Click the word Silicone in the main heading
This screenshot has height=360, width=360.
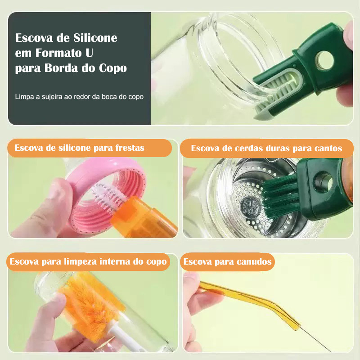pyautogui.click(x=95, y=38)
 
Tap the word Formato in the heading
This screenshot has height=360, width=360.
pyautogui.click(x=58, y=53)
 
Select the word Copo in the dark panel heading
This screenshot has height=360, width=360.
pyautogui.click(x=113, y=68)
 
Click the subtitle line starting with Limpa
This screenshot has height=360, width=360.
pyautogui.click(x=79, y=97)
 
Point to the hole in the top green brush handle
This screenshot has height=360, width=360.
pyautogui.click(x=324, y=61)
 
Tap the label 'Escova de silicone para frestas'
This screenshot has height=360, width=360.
pyautogui.click(x=80, y=148)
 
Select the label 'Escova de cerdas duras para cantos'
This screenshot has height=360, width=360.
pyautogui.click(x=266, y=148)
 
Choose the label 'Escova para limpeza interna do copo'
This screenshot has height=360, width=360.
pyautogui.click(x=88, y=261)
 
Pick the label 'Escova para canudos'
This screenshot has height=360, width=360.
pyautogui.click(x=227, y=261)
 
